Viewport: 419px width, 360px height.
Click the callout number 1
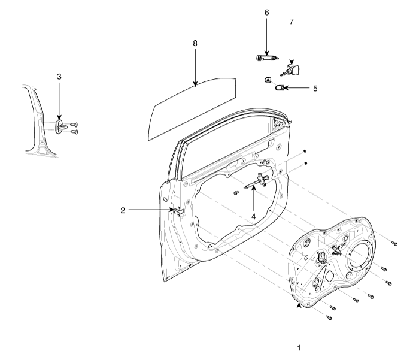(299, 346)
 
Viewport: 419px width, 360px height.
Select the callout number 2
(122, 210)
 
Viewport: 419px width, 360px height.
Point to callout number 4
(254, 215)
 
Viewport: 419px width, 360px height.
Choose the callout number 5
(314, 88)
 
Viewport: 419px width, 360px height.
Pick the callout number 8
(195, 44)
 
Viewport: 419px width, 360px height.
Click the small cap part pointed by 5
(279, 88)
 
